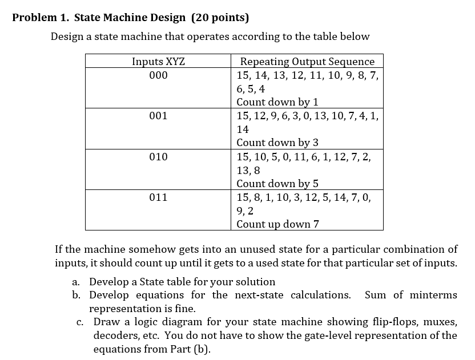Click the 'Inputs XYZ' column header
tap(159, 62)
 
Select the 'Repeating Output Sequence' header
tap(307, 62)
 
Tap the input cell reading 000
tap(159, 75)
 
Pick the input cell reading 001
tap(159, 116)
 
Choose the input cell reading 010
tap(159, 156)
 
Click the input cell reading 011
tap(159, 197)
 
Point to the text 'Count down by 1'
tap(277, 102)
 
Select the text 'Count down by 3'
tap(277, 143)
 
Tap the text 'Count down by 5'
tap(277, 184)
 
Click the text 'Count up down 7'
tap(277, 224)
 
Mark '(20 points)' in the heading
tap(220, 17)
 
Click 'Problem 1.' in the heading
tap(39, 17)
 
